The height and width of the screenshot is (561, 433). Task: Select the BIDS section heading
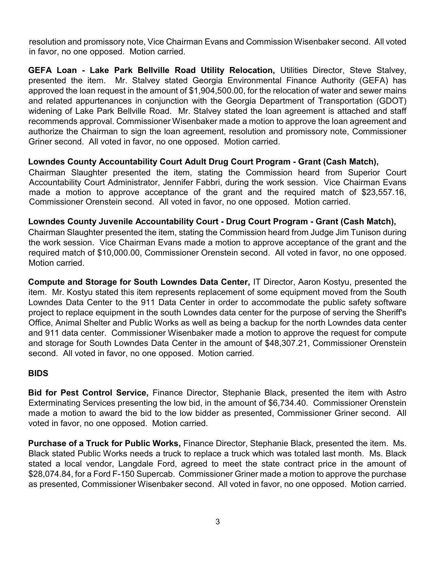pyautogui.click(x=38, y=373)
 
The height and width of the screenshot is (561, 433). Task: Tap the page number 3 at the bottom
pyautogui.click(x=217, y=522)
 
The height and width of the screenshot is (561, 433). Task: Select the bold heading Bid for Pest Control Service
pyautogui.click(x=88, y=393)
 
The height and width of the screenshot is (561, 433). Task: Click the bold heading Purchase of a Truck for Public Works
pyautogui.click(x=104, y=443)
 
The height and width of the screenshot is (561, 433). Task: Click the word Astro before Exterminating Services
pyautogui.click(x=396, y=393)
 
